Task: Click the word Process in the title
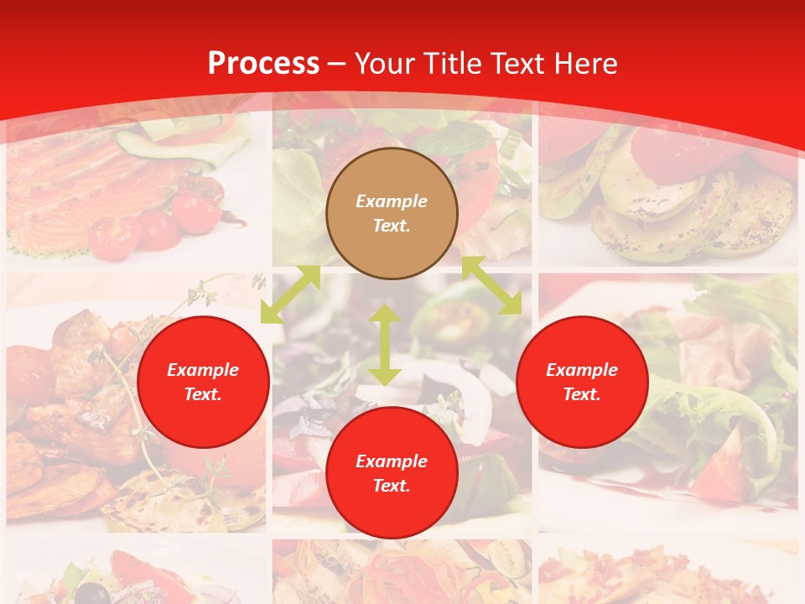[263, 64]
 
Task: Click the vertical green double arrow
[385, 346]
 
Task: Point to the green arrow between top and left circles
[290, 294]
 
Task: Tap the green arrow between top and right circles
[491, 285]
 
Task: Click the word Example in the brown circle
[392, 201]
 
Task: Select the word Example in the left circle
[203, 370]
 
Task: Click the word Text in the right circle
[582, 394]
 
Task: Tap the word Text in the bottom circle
[392, 486]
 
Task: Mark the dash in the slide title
[336, 64]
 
